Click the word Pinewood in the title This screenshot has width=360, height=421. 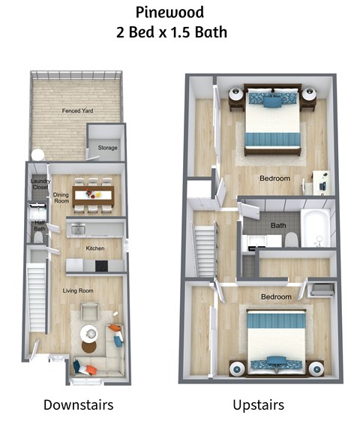pos(169,13)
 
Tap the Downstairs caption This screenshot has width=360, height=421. pos(78,405)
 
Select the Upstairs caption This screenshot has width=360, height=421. pos(258,405)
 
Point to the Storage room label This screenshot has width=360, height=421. pos(107,148)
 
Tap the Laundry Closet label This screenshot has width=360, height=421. pos(40,184)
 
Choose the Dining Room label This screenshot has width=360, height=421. pos(61,198)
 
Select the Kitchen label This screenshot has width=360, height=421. pos(94,248)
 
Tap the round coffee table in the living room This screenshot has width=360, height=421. pos(89,331)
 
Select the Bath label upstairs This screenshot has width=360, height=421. pos(278,224)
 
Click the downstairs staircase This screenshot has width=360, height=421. pos(37,294)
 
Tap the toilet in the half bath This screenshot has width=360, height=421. pos(39,238)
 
